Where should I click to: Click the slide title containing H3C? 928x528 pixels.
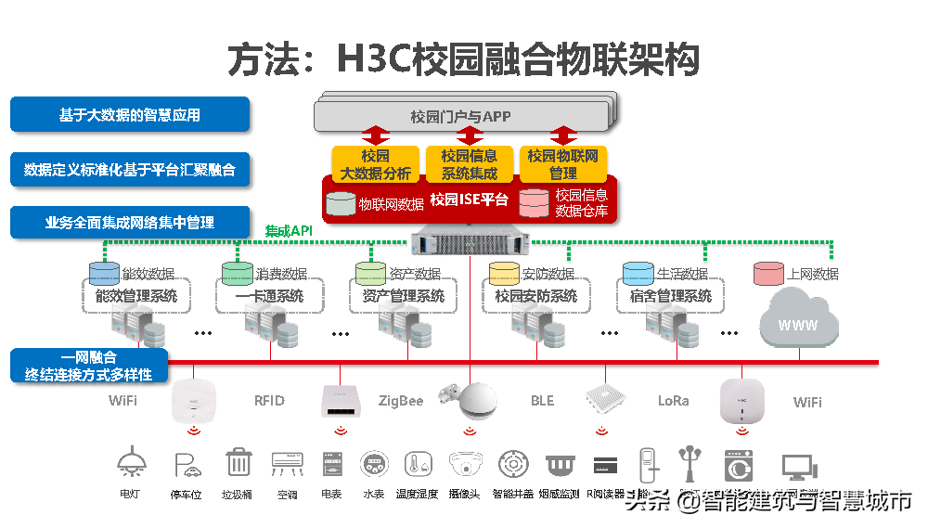[463, 58]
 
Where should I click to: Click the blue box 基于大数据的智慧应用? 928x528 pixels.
[130, 115]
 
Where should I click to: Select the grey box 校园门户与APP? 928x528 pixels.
[460, 117]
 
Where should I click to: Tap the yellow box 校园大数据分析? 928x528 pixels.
[375, 164]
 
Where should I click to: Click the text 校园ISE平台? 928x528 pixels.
[470, 200]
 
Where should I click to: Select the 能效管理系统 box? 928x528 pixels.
[135, 296]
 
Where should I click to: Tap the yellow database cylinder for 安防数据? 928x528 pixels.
[504, 274]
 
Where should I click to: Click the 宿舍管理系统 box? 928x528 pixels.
[671, 296]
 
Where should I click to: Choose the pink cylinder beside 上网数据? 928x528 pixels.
[768, 274]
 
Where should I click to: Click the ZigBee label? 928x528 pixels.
[401, 401]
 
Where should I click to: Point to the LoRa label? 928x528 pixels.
[674, 401]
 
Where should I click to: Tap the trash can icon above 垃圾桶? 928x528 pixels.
[238, 462]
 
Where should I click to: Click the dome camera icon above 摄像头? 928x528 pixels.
[464, 463]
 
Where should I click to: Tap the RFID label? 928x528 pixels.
[269, 401]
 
